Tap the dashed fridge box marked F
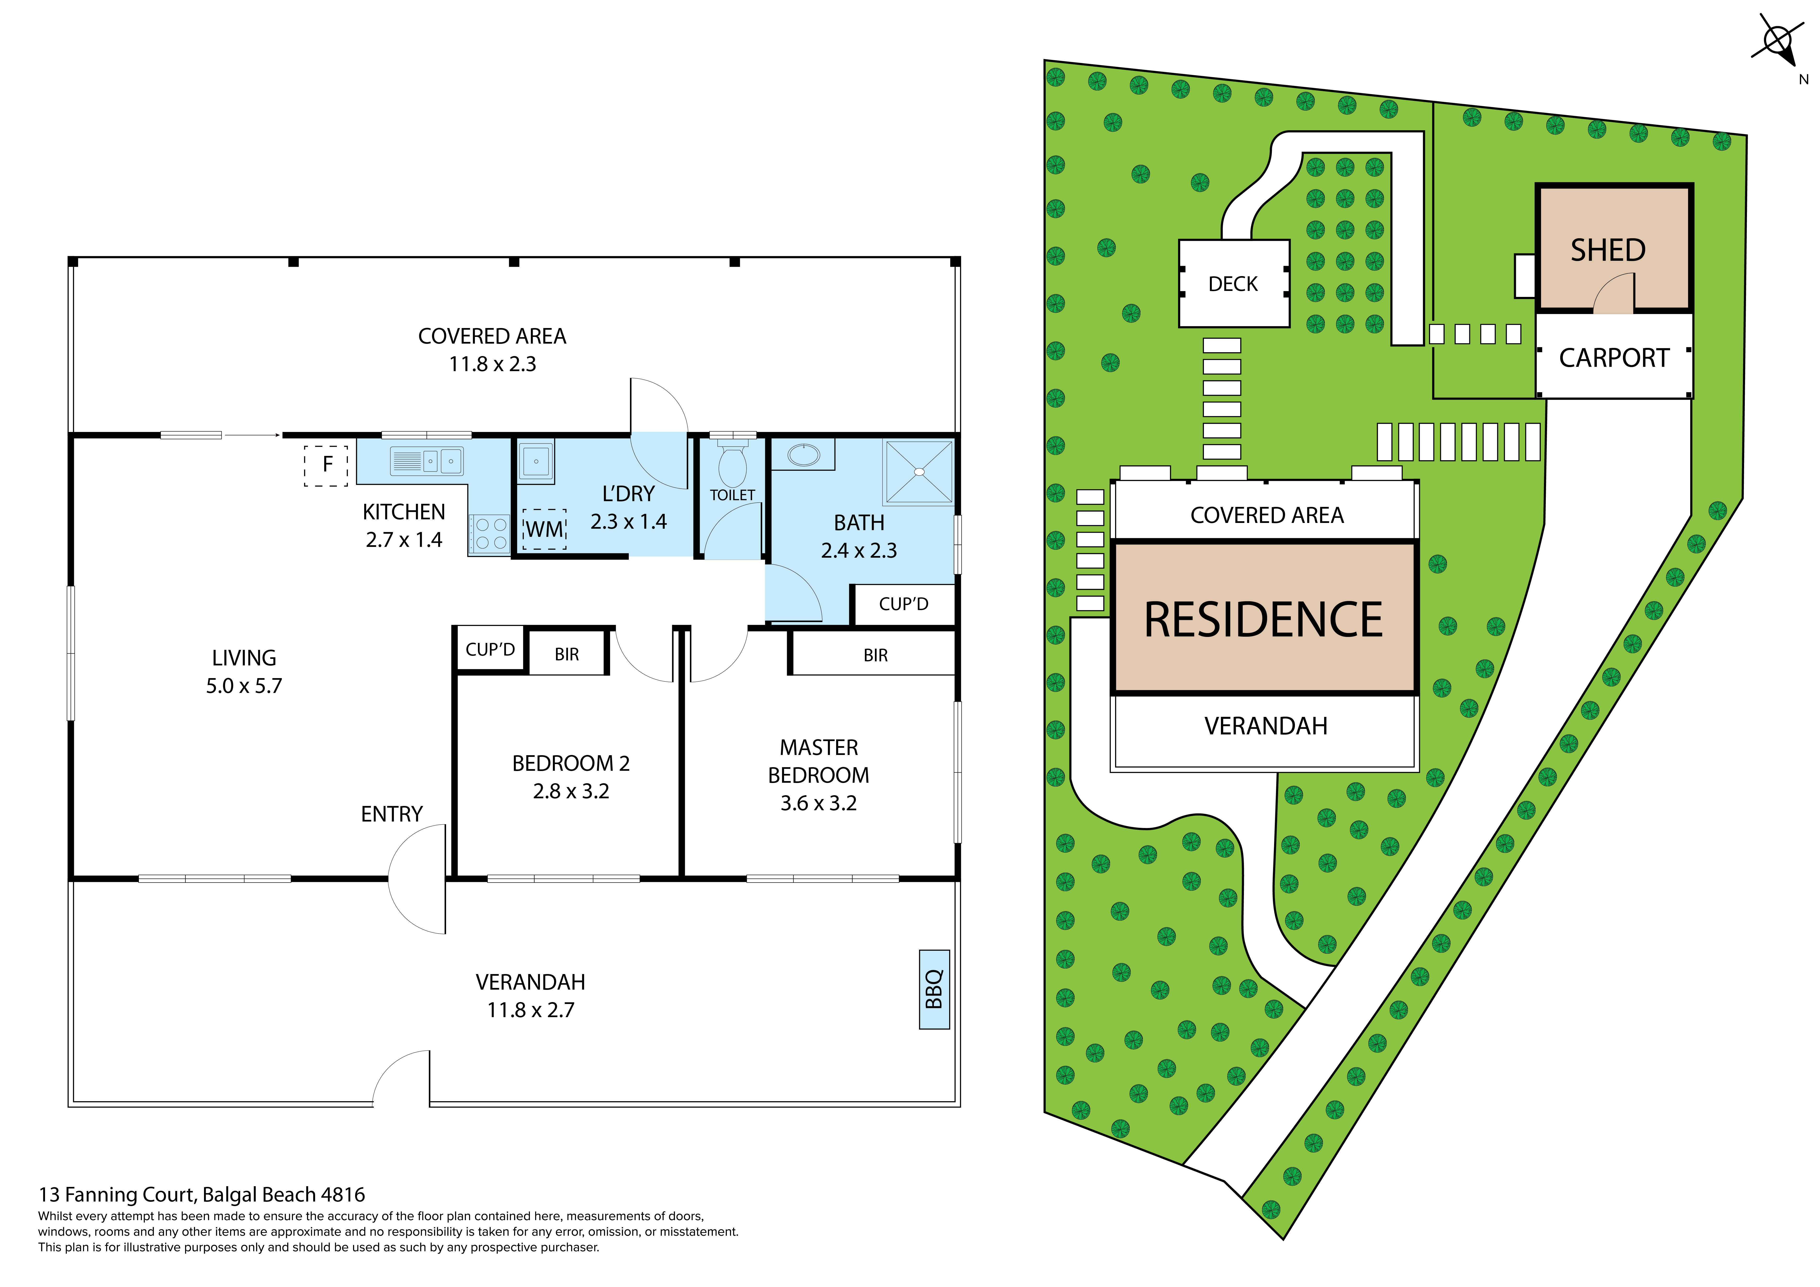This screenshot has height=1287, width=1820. (326, 465)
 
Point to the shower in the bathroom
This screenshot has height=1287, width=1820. (919, 472)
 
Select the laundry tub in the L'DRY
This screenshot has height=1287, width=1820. (536, 461)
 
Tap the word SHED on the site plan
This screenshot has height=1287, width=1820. (1608, 250)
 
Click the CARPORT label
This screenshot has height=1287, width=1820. (1614, 358)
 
